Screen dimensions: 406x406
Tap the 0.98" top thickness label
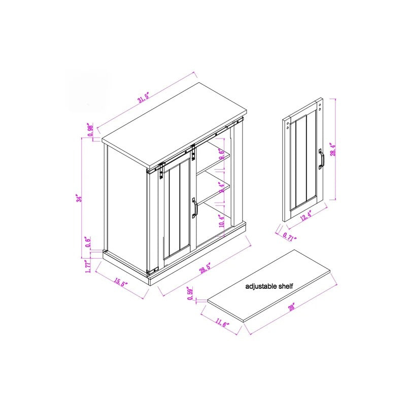(x=91, y=130)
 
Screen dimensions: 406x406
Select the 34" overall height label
(x=78, y=199)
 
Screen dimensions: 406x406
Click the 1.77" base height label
(x=88, y=265)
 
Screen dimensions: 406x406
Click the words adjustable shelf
(x=269, y=286)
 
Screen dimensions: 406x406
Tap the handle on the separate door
(x=321, y=158)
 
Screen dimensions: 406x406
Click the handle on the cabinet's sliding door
(x=194, y=208)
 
